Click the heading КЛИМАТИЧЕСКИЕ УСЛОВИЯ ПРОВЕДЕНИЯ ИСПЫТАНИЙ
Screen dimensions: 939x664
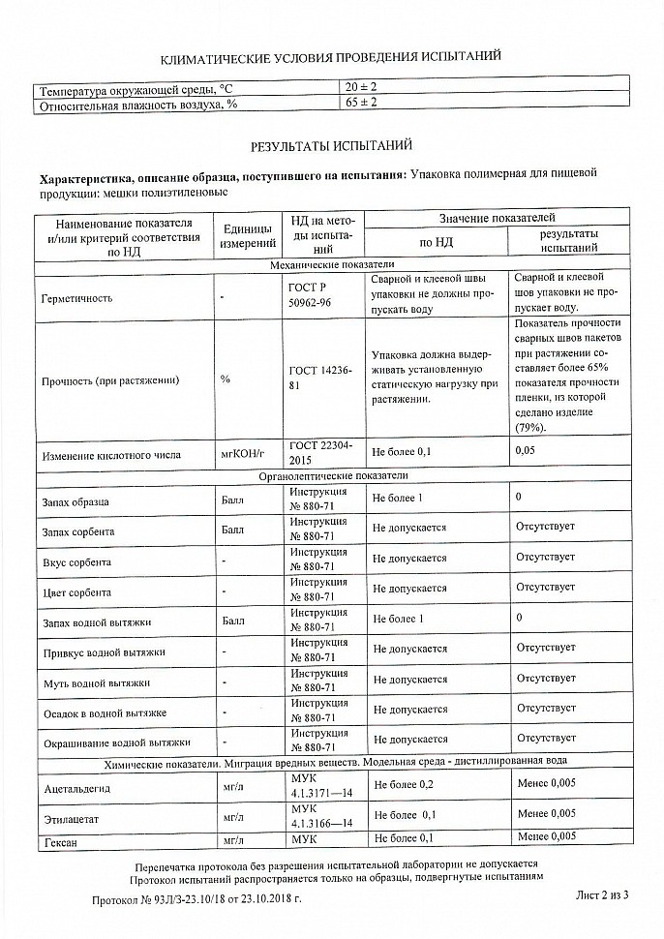tap(331, 57)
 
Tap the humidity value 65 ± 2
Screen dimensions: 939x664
tap(362, 104)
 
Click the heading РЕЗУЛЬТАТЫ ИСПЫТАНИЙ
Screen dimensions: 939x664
tap(331, 146)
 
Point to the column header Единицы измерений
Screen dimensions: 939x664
tap(247, 234)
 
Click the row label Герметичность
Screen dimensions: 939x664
tap(77, 297)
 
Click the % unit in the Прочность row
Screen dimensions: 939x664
tap(226, 379)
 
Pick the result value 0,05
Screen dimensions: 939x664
tap(526, 451)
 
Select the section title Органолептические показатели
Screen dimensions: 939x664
tap(332, 476)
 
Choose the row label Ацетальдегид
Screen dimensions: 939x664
tap(78, 789)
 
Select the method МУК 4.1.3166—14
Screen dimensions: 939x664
tap(320, 815)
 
